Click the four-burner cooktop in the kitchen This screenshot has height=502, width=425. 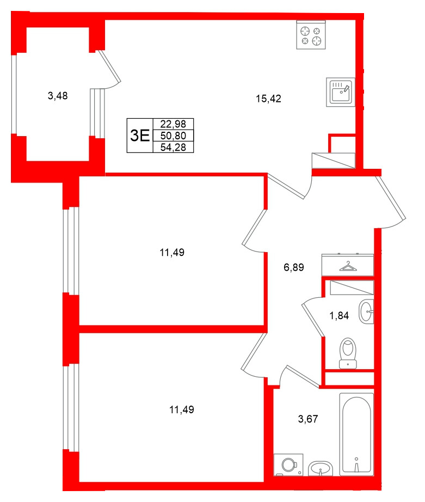tap(311, 35)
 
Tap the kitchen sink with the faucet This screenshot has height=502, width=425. tap(341, 90)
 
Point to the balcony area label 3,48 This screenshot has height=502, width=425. tap(58, 96)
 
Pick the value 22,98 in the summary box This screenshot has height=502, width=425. tap(174, 125)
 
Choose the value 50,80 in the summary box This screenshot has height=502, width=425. tap(174, 136)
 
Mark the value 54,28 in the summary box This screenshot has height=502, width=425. tap(174, 146)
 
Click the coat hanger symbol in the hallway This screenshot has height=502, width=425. tap(347, 266)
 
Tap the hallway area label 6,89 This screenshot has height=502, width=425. tap(293, 267)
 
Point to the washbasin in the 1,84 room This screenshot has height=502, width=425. tap(367, 312)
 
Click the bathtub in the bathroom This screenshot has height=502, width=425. tap(356, 434)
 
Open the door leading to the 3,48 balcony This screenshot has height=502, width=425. tap(107, 68)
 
